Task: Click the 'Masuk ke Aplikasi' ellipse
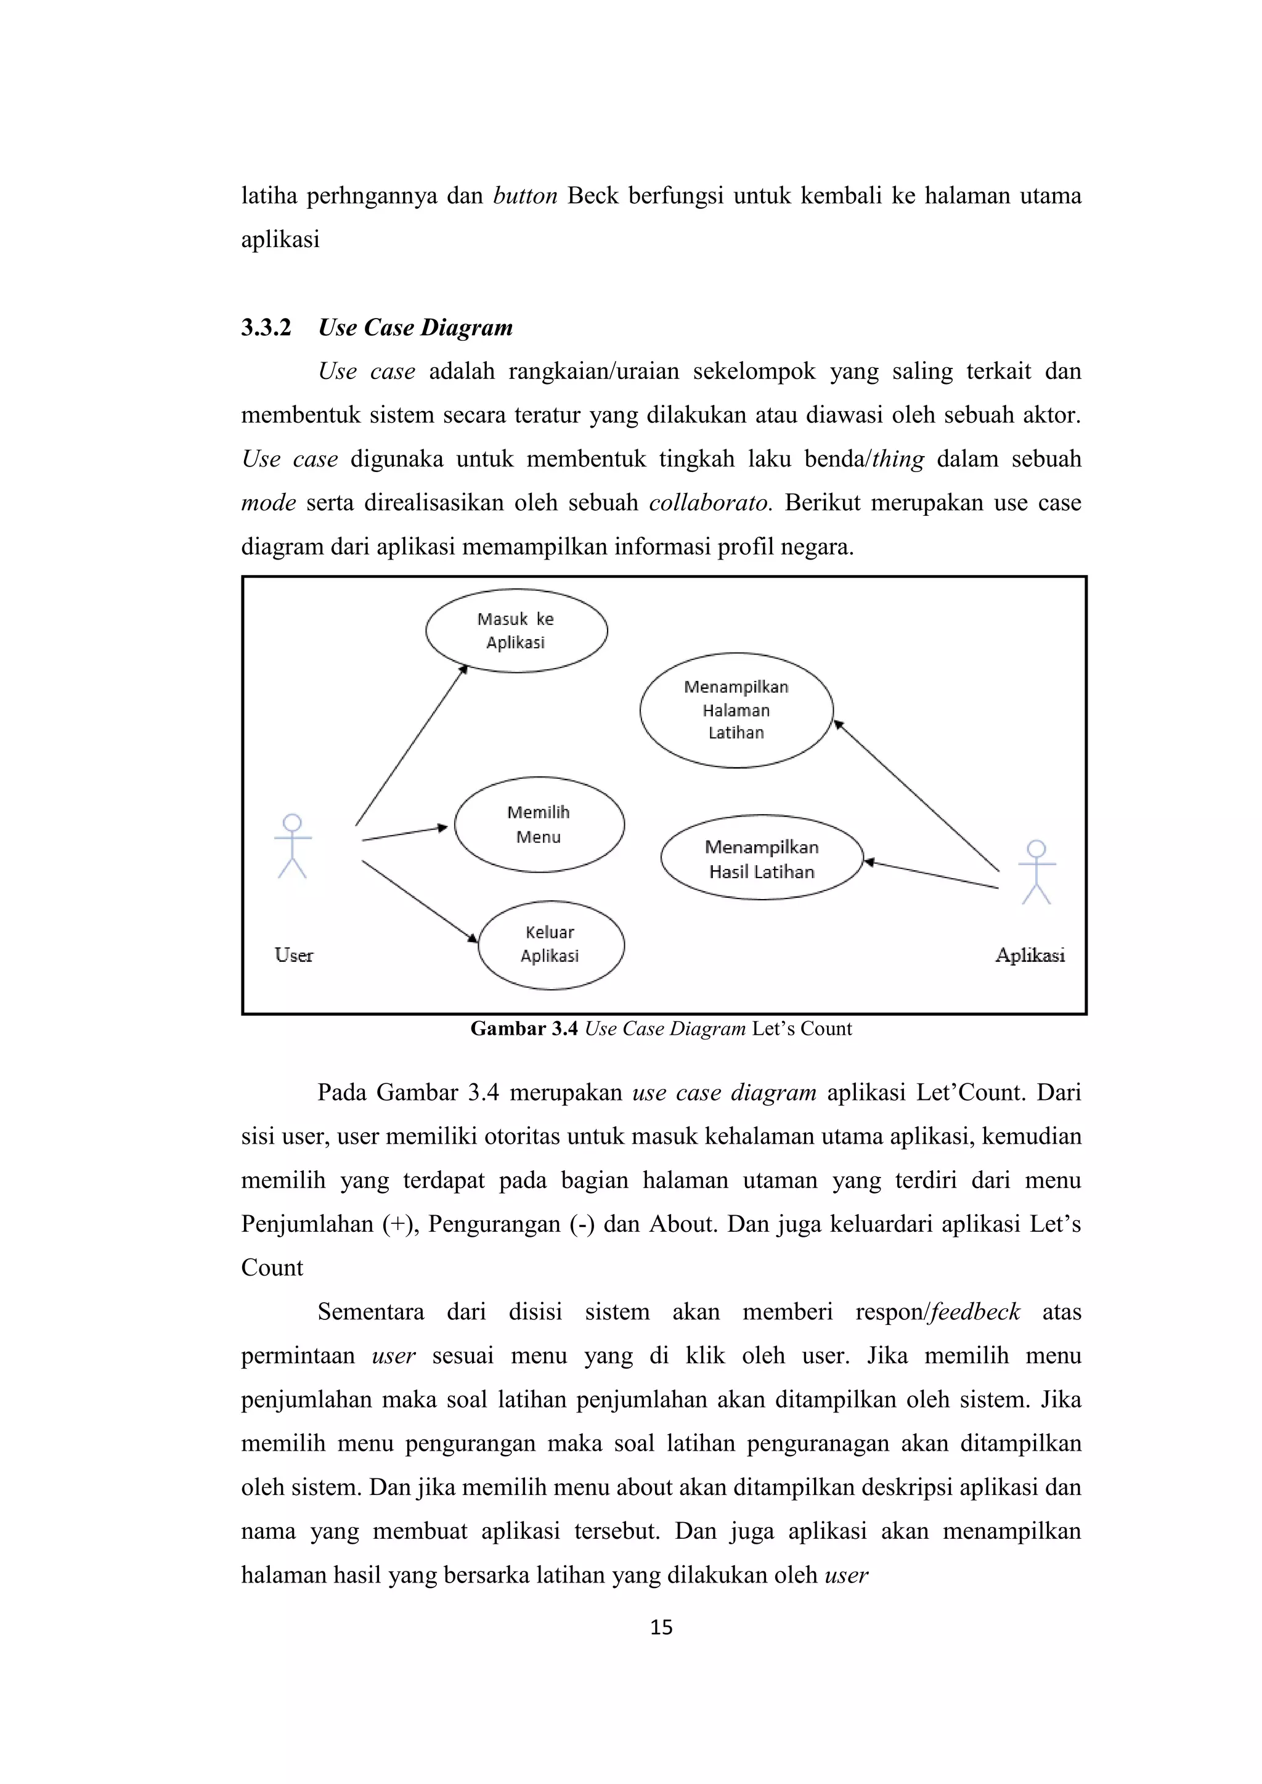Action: pyautogui.click(x=516, y=630)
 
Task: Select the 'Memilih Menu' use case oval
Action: pyautogui.click(x=539, y=825)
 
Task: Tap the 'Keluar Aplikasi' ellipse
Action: pyautogui.click(x=550, y=944)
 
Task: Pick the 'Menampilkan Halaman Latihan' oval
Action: pyautogui.click(x=736, y=709)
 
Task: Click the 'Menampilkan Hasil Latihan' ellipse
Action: pyautogui.click(x=762, y=858)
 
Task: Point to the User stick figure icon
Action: pyautogui.click(x=292, y=847)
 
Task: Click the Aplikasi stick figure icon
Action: pyautogui.click(x=1036, y=873)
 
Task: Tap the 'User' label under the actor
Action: pyautogui.click(x=294, y=955)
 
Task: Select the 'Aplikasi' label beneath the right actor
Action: pyautogui.click(x=1030, y=955)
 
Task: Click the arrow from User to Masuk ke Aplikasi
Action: pyautogui.click(x=411, y=746)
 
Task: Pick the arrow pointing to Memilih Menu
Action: pyautogui.click(x=404, y=833)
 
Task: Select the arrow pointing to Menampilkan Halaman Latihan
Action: pyautogui.click(x=917, y=796)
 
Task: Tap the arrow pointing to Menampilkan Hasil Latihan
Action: pyautogui.click(x=931, y=874)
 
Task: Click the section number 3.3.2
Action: pyautogui.click(x=266, y=328)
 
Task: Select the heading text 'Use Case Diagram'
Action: pyautogui.click(x=416, y=328)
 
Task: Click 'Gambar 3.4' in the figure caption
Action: pyautogui.click(x=524, y=1028)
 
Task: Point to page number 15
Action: pyautogui.click(x=661, y=1627)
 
